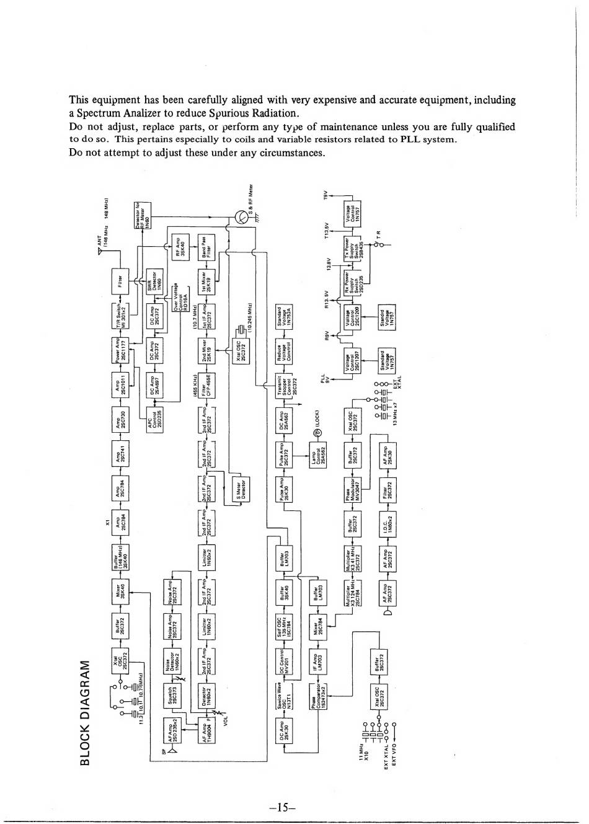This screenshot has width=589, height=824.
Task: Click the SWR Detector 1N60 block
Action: coord(155,281)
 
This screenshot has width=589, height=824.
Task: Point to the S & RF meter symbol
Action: coord(241,216)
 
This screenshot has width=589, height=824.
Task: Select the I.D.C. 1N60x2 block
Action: coord(388,525)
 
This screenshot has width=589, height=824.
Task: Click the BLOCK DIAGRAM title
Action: coord(86,712)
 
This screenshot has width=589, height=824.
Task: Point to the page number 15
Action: coord(285,808)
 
